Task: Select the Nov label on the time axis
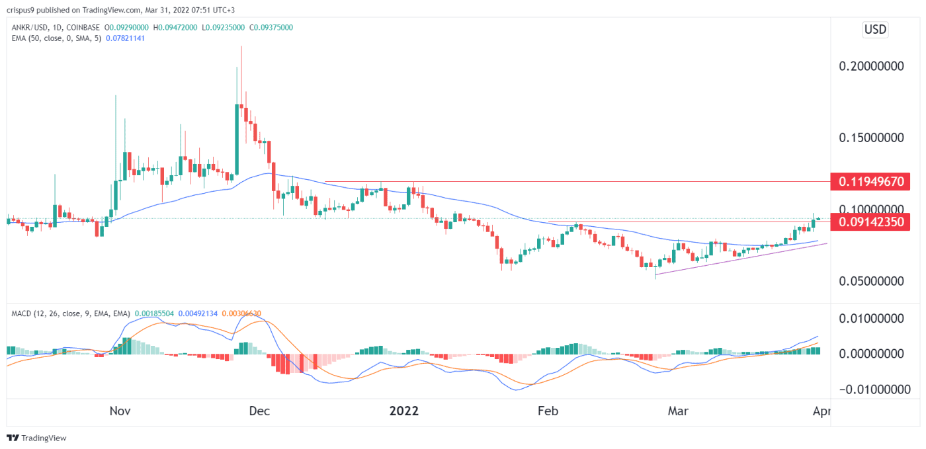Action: pyautogui.click(x=120, y=411)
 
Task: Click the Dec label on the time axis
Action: pyautogui.click(x=259, y=411)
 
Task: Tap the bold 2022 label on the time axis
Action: pyautogui.click(x=403, y=411)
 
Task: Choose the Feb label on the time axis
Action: pyautogui.click(x=548, y=411)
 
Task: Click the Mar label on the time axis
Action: pyautogui.click(x=678, y=411)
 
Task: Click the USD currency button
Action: pyautogui.click(x=875, y=30)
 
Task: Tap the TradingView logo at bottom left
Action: pyautogui.click(x=37, y=438)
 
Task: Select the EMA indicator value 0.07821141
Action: pyautogui.click(x=120, y=38)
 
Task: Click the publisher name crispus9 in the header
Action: pyautogui.click(x=24, y=9)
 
